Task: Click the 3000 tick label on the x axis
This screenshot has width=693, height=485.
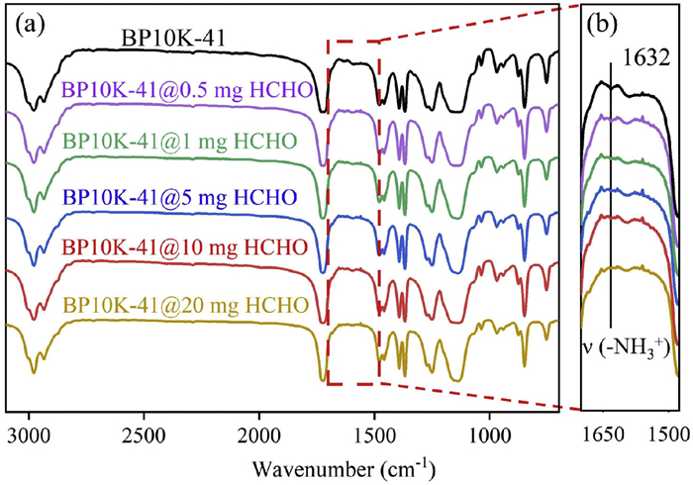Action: point(30,433)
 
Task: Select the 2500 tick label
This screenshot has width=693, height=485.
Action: point(145,433)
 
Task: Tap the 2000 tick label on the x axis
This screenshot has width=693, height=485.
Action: point(259,433)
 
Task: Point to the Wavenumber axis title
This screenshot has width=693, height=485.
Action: point(323,464)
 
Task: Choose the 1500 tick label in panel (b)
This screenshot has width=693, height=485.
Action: point(671,433)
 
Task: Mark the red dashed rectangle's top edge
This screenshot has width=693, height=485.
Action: point(352,42)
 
